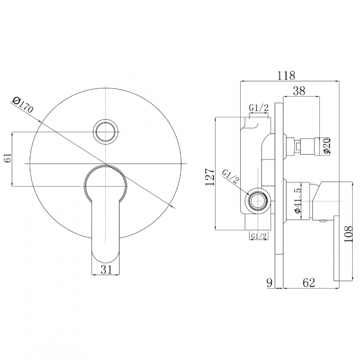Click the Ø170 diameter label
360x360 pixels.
tap(23, 105)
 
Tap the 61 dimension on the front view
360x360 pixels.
tap(8, 158)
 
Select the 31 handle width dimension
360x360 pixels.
tap(106, 269)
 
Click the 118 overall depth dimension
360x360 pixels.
tap(286, 76)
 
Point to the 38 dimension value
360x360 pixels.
tap(299, 91)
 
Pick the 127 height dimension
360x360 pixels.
tap(210, 177)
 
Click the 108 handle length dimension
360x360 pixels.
tap(348, 234)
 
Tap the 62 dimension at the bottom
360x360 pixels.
tap(309, 283)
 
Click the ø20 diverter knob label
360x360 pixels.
tap(326, 146)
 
